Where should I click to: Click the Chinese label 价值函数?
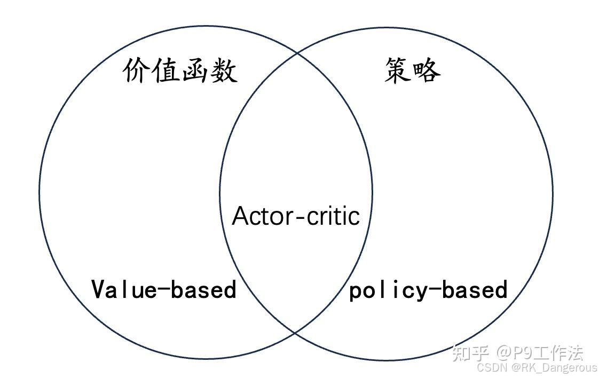pyautogui.click(x=180, y=71)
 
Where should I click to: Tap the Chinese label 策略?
pyautogui.click(x=412, y=70)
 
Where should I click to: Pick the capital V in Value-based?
pyautogui.click(x=98, y=289)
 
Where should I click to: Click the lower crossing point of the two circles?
pyautogui.click(x=296, y=333)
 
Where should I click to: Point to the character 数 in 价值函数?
pyautogui.click(x=224, y=71)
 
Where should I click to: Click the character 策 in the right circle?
pyautogui.click(x=398, y=70)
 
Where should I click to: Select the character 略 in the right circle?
pyautogui.click(x=427, y=70)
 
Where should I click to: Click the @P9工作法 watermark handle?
pyautogui.click(x=539, y=353)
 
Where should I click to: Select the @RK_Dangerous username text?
pyautogui.click(x=554, y=368)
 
